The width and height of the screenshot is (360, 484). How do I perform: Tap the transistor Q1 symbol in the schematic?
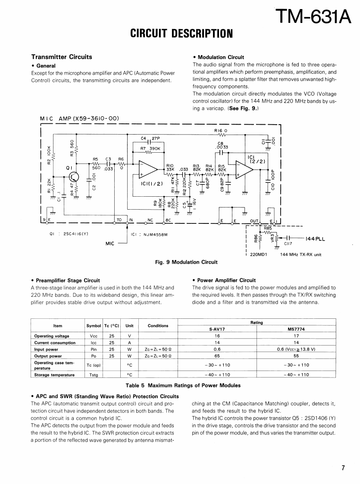click(74, 177)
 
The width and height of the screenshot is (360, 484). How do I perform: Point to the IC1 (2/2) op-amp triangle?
click(244, 169)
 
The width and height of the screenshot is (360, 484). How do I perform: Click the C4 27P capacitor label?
click(150, 138)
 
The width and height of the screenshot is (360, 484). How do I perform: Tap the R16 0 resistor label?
click(220, 129)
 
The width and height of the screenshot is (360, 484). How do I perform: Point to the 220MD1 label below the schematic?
click(259, 255)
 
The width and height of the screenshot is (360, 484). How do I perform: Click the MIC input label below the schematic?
click(110, 244)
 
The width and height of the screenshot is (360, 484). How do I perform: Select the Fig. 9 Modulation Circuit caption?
click(186, 262)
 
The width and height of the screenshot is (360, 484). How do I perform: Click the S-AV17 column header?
click(217, 329)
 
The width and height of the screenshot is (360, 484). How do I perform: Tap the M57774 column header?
click(296, 329)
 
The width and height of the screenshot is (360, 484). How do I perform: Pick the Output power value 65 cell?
click(217, 356)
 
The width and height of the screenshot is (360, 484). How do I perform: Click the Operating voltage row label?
click(51, 336)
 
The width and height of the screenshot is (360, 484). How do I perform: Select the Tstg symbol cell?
click(94, 375)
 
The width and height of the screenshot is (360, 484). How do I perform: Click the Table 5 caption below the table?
click(183, 385)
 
